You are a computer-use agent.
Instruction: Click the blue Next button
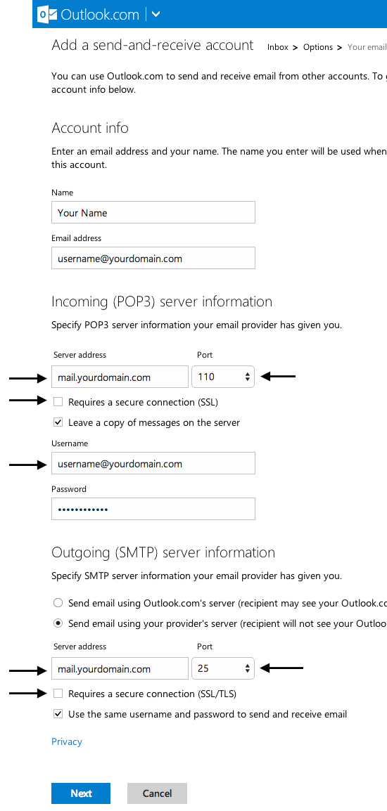pyautogui.click(x=81, y=793)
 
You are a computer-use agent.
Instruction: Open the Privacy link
pyautogui.click(x=67, y=741)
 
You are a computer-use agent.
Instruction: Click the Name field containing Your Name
pyautogui.click(x=153, y=212)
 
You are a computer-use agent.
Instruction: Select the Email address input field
pyautogui.click(x=153, y=258)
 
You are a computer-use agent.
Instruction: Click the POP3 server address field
pyautogui.click(x=120, y=377)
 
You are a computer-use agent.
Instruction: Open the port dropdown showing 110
pyautogui.click(x=223, y=377)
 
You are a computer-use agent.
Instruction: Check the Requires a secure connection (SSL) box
pyautogui.click(x=58, y=402)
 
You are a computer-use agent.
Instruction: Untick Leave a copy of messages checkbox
pyautogui.click(x=58, y=422)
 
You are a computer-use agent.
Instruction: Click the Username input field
pyautogui.click(x=153, y=463)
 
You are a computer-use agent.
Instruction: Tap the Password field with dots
pyautogui.click(x=153, y=509)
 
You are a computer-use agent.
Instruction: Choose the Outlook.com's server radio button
pyautogui.click(x=58, y=603)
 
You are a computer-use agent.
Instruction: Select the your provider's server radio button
pyautogui.click(x=58, y=624)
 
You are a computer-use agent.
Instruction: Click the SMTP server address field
pyautogui.click(x=120, y=668)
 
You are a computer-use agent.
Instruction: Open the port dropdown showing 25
pyautogui.click(x=223, y=668)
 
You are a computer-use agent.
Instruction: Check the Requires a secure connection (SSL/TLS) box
pyautogui.click(x=58, y=694)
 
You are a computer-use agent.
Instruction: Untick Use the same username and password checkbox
pyautogui.click(x=58, y=714)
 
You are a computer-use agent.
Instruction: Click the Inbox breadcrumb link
pyautogui.click(x=278, y=47)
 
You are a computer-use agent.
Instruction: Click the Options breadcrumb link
pyautogui.click(x=317, y=47)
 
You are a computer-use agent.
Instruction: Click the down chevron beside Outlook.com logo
pyautogui.click(x=156, y=15)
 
